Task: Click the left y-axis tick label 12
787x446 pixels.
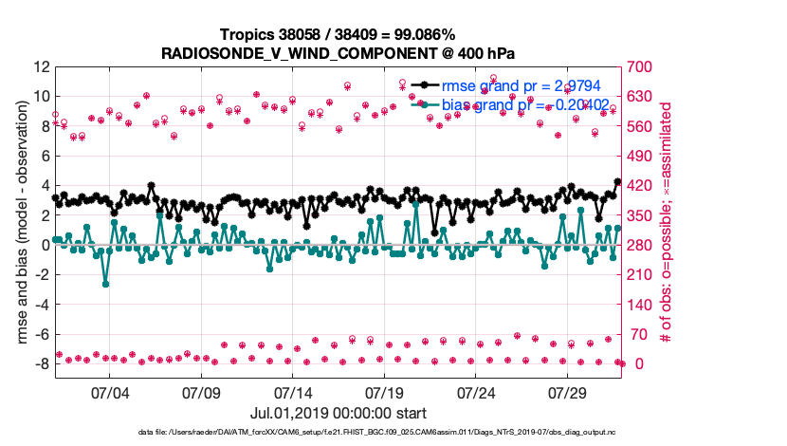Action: [42, 67]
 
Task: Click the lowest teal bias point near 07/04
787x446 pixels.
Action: [105, 284]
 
